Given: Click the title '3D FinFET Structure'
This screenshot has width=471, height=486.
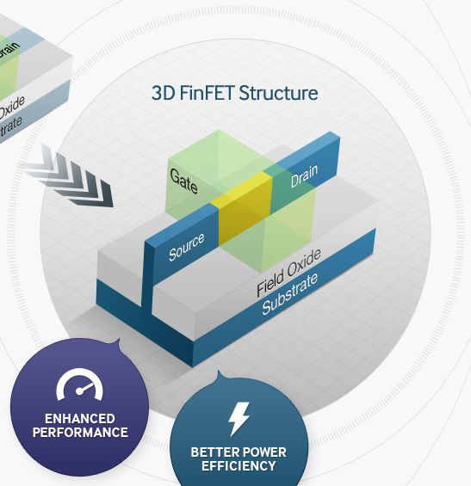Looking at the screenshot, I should (x=234, y=93).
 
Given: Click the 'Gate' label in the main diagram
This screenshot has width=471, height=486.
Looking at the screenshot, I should (x=184, y=180).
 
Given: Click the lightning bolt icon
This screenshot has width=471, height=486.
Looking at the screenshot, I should (x=239, y=419).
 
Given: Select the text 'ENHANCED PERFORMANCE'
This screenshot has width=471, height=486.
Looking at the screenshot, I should (x=80, y=425).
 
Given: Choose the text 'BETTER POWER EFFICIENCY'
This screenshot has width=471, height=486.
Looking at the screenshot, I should (x=239, y=458).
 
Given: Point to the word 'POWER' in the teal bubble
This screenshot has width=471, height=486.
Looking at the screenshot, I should (x=263, y=452).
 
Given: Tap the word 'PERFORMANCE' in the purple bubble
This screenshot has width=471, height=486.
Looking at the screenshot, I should (x=80, y=432).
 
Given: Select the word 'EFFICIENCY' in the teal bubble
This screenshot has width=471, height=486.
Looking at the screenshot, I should (x=239, y=465).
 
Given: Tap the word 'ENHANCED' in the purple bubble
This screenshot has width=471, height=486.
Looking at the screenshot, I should (x=80, y=419).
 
